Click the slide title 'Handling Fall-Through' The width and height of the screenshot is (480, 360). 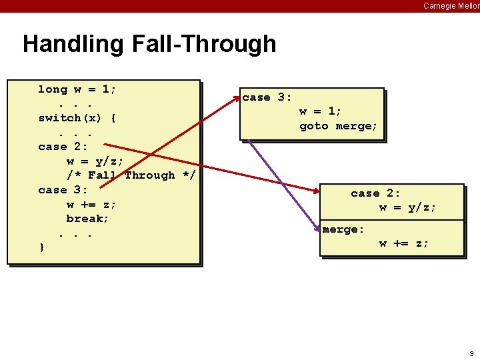coord(149,44)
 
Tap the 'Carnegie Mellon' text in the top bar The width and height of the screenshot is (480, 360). coord(451,6)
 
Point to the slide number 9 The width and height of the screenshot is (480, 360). coord(471,353)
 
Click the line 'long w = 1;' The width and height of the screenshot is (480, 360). coord(77,89)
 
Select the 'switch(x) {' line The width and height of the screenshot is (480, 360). coord(77,118)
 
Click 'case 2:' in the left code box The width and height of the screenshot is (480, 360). coord(63,147)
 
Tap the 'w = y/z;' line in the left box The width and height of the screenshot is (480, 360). coord(95,161)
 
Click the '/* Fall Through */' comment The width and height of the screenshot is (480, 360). coord(131,175)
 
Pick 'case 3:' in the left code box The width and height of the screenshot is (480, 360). coord(63,190)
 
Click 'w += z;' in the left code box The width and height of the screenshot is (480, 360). coord(91,204)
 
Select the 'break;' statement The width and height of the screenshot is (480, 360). coord(87,219)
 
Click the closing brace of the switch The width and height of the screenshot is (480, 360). coord(42,247)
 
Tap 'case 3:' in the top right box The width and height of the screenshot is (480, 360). coord(267,97)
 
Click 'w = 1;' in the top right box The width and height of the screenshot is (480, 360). coord(320,111)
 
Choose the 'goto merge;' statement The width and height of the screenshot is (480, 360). coord(338,126)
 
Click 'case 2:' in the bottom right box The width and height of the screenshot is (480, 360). coord(375,193)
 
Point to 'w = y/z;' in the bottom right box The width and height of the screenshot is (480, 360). coord(407,207)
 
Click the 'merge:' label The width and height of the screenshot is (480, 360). coord(343,229)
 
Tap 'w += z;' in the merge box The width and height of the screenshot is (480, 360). coord(404,243)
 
